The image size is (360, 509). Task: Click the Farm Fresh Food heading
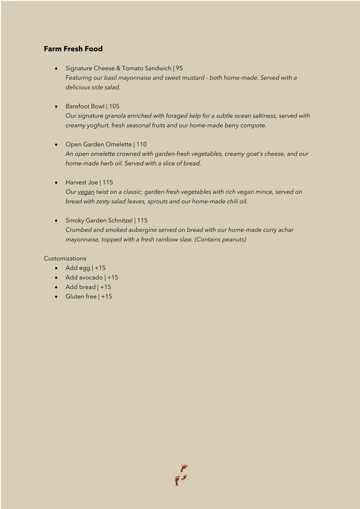(73, 49)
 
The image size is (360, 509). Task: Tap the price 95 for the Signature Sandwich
(179, 69)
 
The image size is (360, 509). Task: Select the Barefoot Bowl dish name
(85, 107)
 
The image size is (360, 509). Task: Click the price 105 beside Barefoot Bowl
(114, 107)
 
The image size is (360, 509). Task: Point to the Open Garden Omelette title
(99, 145)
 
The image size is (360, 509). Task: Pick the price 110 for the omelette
(141, 145)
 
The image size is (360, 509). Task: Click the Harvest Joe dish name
(82, 183)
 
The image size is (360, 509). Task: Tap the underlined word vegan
(86, 192)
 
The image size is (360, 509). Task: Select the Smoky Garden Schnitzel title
(99, 221)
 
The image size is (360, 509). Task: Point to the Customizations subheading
(65, 259)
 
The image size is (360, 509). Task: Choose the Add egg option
(78, 268)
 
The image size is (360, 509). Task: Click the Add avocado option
(84, 278)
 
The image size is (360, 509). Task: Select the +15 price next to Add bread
(105, 287)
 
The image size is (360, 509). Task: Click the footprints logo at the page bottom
(181, 475)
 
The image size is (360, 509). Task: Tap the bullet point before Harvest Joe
(55, 183)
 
